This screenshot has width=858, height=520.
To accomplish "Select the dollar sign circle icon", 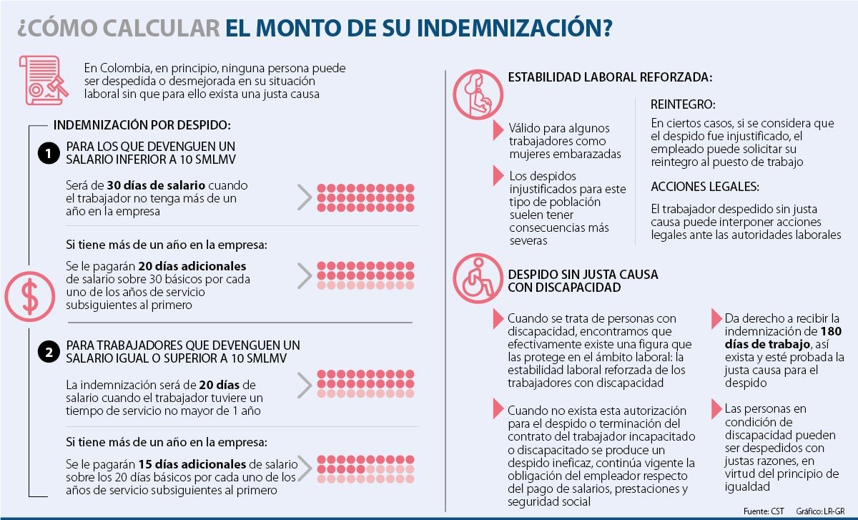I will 29,295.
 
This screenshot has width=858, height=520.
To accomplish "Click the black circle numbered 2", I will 48,353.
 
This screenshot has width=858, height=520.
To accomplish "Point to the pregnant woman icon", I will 478,94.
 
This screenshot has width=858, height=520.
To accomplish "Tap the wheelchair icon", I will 478,278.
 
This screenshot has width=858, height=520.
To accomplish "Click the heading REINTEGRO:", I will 682,104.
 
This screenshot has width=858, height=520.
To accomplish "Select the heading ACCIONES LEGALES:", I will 704,187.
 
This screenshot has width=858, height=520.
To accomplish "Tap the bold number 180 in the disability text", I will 831,331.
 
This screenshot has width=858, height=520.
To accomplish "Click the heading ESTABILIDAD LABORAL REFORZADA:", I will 610,77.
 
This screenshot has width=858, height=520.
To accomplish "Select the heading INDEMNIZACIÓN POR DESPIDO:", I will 142,125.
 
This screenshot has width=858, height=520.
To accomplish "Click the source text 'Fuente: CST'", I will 764,511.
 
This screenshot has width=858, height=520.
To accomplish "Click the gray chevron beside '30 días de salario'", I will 304,197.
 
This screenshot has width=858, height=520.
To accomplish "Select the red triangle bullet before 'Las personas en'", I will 716,410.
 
